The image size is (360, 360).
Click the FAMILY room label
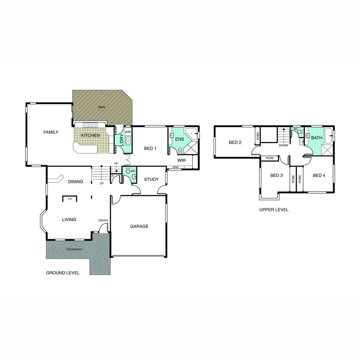pos(51,132)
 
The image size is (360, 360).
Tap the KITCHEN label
pos(90,136)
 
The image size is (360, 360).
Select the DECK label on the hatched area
pos(102,107)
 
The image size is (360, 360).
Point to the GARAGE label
pos(139,226)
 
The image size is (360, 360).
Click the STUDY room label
pos(151,179)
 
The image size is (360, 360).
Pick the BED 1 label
pos(150,148)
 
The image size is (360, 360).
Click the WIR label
pos(182,160)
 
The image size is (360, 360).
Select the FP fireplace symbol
pos(70,199)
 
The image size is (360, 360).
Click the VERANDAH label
pos(74,250)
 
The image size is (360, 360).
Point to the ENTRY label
pos(103,221)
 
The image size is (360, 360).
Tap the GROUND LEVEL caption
pos(63,273)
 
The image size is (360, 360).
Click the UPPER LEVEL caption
pos(274,210)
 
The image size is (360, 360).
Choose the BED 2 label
pos(235,143)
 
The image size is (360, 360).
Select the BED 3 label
pos(277,175)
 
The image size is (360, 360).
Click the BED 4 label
pos(319,175)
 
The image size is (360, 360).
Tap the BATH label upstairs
pos(317,138)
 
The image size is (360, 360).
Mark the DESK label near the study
pos(175,167)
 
